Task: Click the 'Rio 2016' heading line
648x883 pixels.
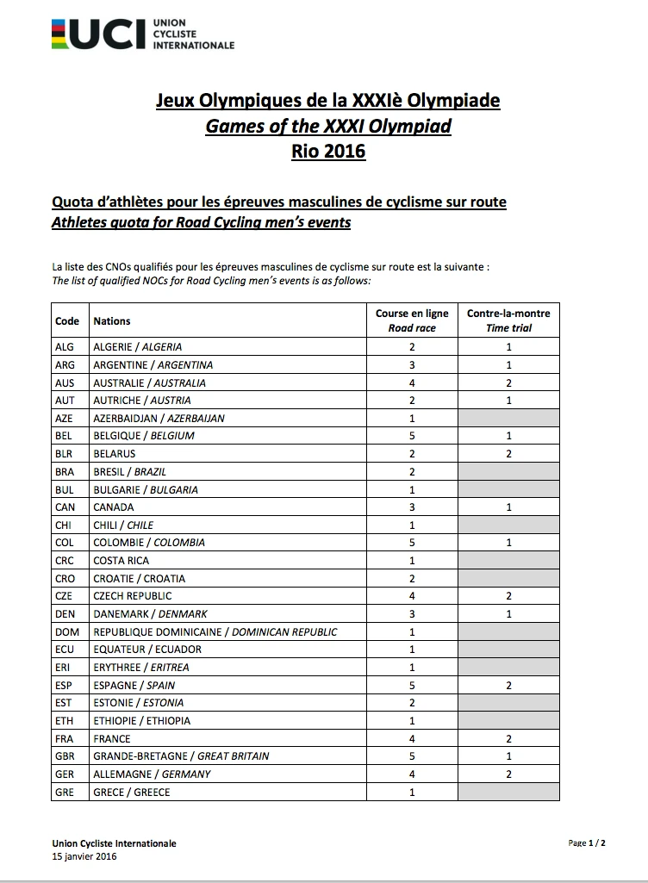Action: coord(327,151)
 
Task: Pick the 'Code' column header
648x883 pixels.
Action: coord(67,320)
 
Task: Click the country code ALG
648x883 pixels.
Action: coord(65,347)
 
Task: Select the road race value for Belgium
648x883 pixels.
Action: coord(412,436)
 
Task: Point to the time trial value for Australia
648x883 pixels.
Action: coord(508,382)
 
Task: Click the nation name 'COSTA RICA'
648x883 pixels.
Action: coord(121,561)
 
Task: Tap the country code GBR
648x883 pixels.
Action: coord(65,756)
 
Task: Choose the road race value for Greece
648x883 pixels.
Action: coord(412,792)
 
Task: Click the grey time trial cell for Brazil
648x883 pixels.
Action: coord(508,471)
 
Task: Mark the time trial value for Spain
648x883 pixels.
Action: coord(508,686)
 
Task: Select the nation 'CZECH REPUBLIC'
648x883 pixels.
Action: coord(133,596)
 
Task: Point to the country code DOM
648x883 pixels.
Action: coord(65,631)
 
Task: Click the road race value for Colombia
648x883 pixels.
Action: coord(412,543)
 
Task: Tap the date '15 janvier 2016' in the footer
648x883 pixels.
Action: coord(84,856)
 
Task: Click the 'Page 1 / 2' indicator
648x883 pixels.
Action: coord(587,843)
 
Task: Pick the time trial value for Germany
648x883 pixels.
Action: coord(508,774)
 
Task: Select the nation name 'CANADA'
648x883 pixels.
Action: coord(114,507)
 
